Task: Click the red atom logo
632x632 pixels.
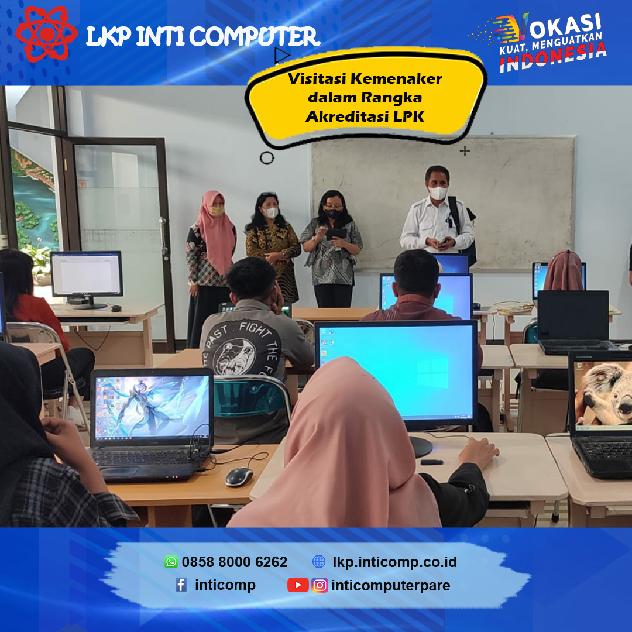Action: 46,35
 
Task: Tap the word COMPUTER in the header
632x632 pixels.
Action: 255,37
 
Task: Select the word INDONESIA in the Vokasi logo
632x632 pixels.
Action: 553,57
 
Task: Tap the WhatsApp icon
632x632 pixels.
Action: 171,561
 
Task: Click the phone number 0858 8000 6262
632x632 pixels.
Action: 235,562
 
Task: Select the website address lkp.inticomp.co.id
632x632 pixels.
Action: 394,562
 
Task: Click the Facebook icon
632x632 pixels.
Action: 181,585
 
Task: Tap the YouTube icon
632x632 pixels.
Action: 298,585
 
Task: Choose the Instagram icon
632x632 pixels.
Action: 320,585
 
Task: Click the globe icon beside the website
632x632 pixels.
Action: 319,561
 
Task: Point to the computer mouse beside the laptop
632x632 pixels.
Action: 239,477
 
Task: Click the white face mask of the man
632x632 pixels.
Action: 438,193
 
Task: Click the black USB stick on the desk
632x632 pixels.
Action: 432,462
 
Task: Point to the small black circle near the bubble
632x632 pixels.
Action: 267,157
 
